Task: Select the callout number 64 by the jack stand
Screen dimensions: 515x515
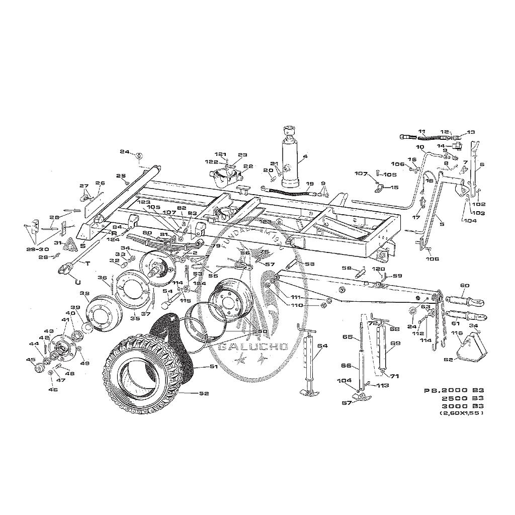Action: pyautogui.click(x=322, y=346)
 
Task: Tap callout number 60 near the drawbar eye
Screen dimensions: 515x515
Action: pyautogui.click(x=464, y=286)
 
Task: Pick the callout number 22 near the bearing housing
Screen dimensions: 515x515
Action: pyautogui.click(x=248, y=166)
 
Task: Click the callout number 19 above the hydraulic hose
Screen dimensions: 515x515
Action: pyautogui.click(x=309, y=184)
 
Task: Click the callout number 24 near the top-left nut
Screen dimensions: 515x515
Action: pyautogui.click(x=125, y=151)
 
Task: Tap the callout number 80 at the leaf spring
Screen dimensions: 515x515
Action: pyautogui.click(x=147, y=233)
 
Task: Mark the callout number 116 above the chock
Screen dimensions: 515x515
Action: pyautogui.click(x=457, y=333)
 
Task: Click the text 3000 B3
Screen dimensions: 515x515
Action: pyautogui.click(x=462, y=405)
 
